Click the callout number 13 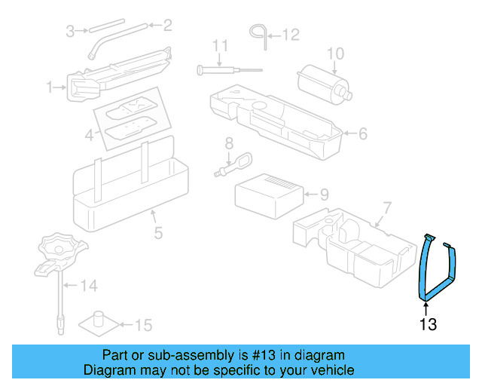coord(428,325)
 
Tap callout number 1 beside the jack coord(50,88)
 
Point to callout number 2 coord(167,26)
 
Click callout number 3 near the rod coord(70,32)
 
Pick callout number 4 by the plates coord(89,136)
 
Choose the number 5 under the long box coord(158,233)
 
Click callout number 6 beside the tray coord(362,133)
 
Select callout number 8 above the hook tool coord(228,143)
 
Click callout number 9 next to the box coord(324,195)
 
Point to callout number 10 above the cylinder coord(335,54)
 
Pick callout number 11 coord(219,47)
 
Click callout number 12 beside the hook coord(291,34)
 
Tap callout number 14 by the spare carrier coord(90,285)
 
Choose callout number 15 coord(143,325)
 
